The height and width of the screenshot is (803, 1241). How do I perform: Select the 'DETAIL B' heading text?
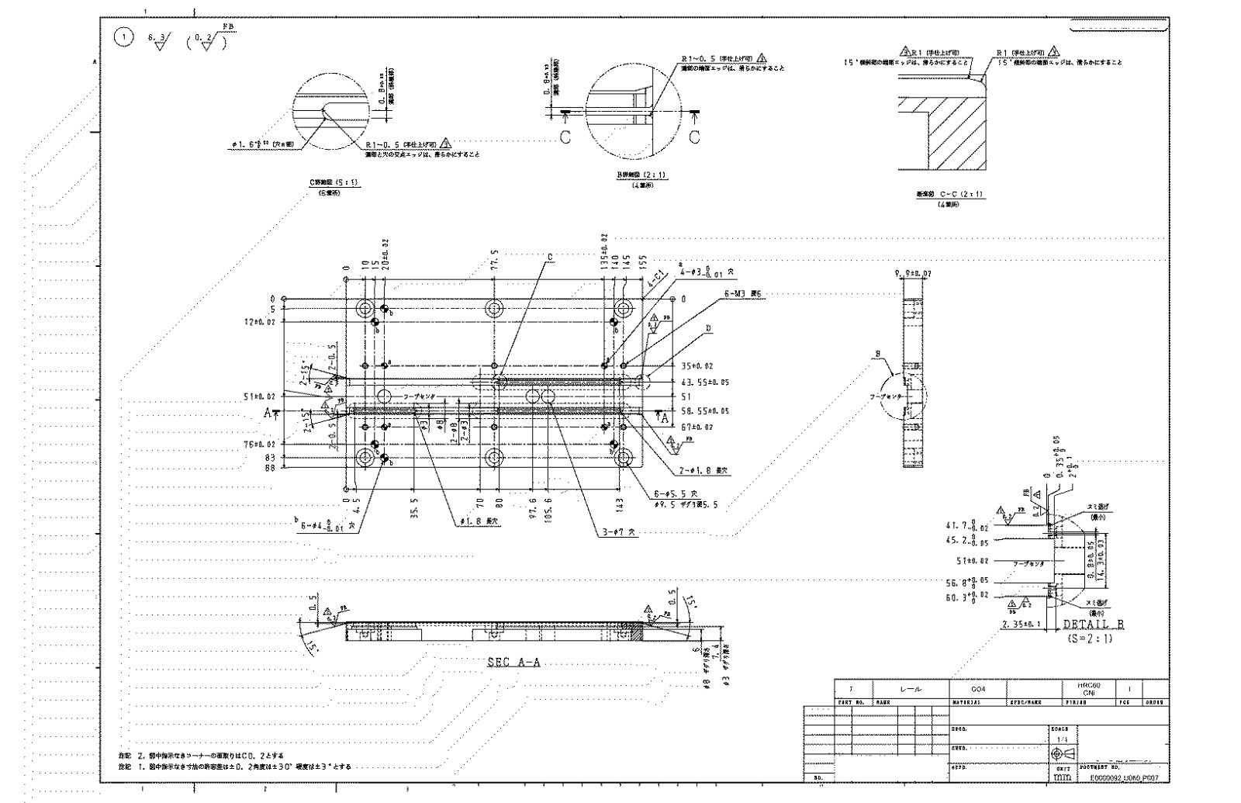tap(1093, 625)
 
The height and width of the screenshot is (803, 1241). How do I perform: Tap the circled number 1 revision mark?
tap(123, 37)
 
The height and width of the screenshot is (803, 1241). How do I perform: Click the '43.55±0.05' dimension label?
tap(705, 382)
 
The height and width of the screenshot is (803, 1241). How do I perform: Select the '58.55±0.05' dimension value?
tap(705, 410)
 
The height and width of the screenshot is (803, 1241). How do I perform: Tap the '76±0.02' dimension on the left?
tap(259, 445)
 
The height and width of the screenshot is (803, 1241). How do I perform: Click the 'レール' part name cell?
tap(911, 689)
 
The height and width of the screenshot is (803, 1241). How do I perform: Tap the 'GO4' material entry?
tap(977, 689)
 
